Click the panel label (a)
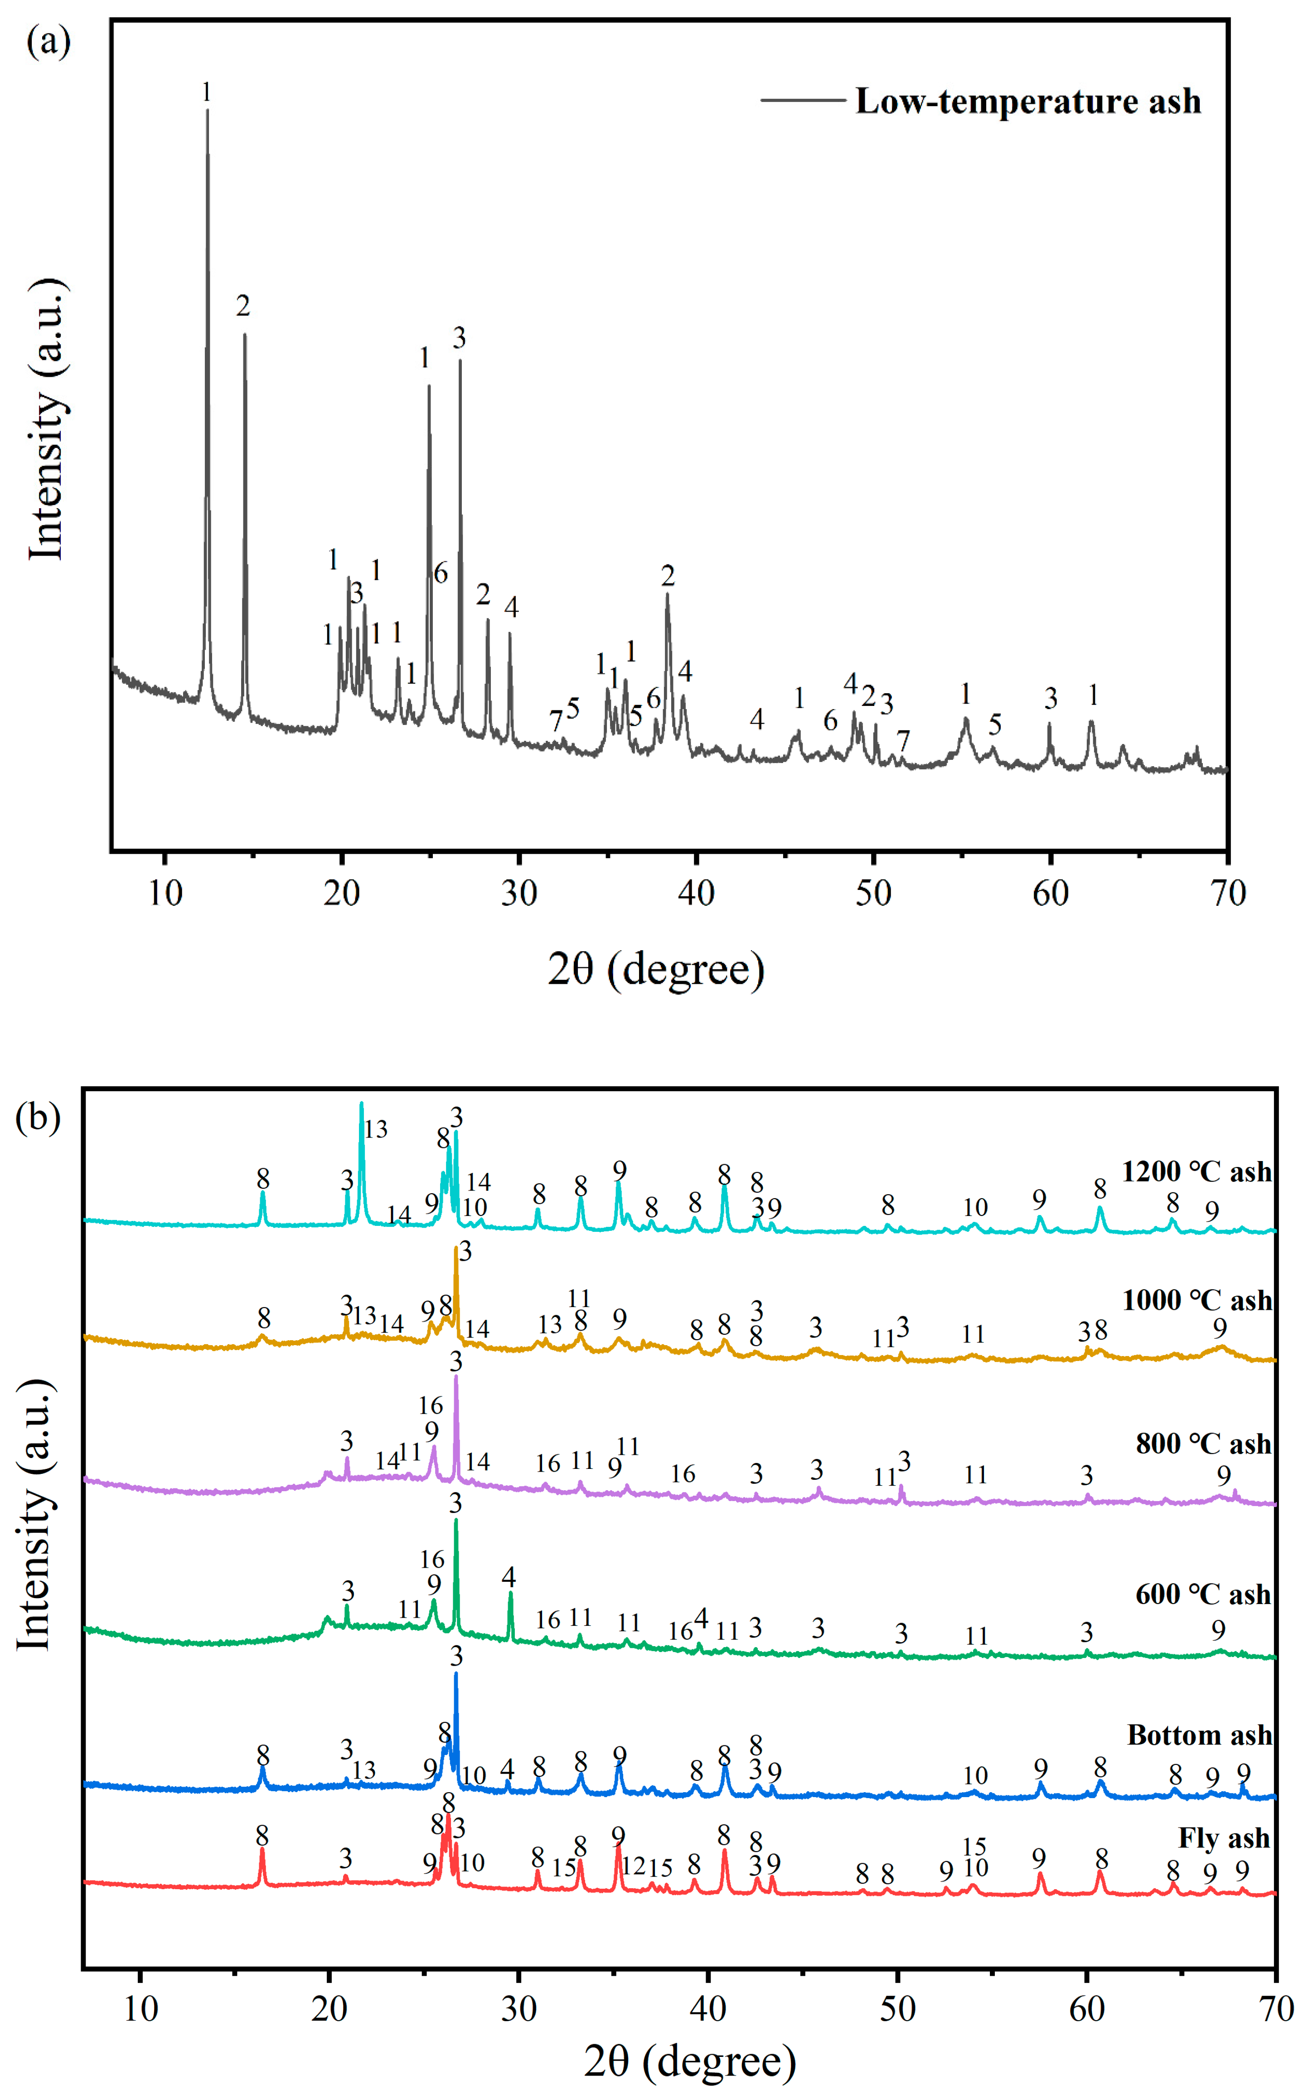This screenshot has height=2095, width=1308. click(48, 41)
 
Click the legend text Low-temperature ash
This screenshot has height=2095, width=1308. click(1028, 101)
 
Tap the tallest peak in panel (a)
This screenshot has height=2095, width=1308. click(207, 112)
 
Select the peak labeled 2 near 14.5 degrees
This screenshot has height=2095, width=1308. click(245, 337)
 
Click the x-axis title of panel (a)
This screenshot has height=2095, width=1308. click(656, 969)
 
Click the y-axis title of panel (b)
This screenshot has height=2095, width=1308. click(34, 1514)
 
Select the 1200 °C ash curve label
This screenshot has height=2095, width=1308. click(1197, 1171)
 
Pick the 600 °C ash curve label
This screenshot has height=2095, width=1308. click(1202, 1594)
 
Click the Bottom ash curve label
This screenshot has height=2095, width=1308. click(1199, 1735)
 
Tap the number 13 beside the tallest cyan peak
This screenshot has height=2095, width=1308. click(375, 1129)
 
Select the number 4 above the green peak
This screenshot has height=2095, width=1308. click(509, 1577)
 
